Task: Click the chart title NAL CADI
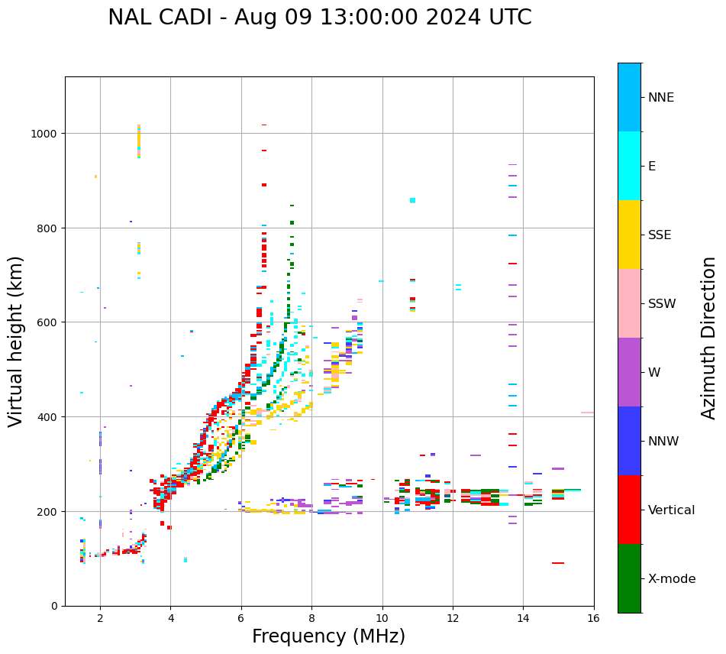point(319,18)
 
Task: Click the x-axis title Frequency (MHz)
point(328,636)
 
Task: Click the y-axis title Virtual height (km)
point(16,341)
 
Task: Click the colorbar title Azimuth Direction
point(709,338)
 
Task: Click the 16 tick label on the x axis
point(593,619)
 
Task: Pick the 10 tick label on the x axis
point(382,619)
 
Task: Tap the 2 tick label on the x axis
point(100,619)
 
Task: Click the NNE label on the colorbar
point(661,98)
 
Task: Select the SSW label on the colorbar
point(662,304)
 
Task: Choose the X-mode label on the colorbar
point(672,579)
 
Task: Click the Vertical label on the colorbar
point(672,510)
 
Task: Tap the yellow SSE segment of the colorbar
point(629,235)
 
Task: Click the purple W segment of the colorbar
point(629,372)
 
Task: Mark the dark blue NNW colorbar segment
point(629,441)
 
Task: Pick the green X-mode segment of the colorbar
point(629,578)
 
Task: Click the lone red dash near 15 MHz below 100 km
point(558,563)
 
